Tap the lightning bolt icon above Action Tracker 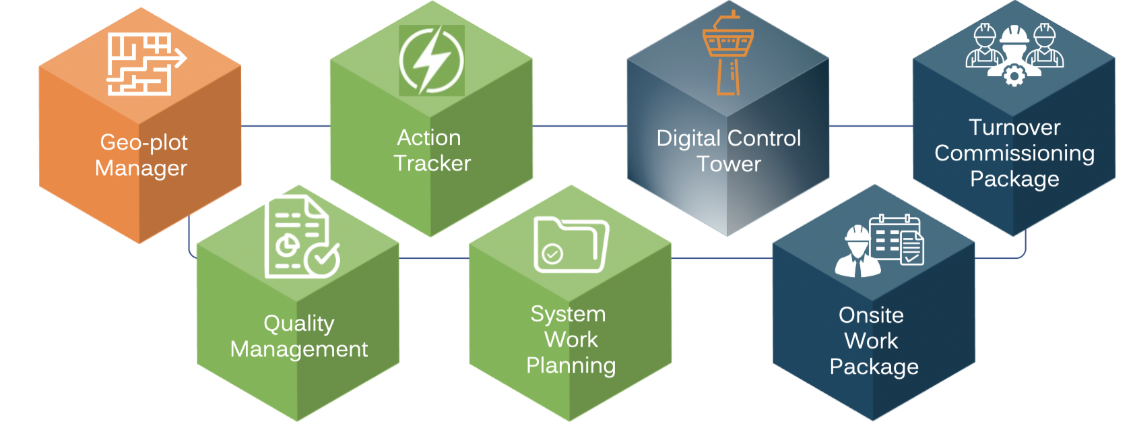click(x=431, y=61)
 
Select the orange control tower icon click(x=727, y=54)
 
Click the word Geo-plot click(x=143, y=142)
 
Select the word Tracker click(x=432, y=163)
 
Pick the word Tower click(x=728, y=164)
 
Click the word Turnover click(x=1014, y=127)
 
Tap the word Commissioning click(x=1014, y=154)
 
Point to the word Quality click(x=298, y=324)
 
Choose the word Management click(x=298, y=349)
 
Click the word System click(x=568, y=314)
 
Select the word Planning click(x=571, y=365)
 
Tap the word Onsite click(x=871, y=315)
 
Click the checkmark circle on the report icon click(x=323, y=259)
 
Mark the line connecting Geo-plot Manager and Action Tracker click(x=286, y=126)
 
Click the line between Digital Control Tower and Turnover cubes click(x=870, y=126)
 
